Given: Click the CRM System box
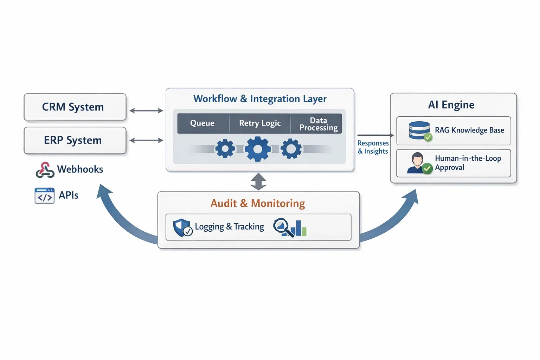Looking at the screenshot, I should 75,107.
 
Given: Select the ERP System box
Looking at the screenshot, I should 75,140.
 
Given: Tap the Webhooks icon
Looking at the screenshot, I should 45,170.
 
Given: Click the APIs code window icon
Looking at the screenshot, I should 44,196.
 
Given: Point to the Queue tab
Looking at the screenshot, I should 202,123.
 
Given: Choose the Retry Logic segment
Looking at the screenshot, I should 260,123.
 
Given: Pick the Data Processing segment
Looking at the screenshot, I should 318,124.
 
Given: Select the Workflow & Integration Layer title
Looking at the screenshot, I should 260,99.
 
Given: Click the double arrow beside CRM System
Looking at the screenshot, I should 146,111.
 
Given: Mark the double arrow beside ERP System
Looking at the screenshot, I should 146,141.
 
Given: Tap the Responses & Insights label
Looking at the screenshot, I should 373,147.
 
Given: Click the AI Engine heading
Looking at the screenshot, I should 451,105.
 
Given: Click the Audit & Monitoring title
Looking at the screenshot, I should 258,203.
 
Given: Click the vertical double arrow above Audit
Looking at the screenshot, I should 258,181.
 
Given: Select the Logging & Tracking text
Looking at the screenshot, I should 229,227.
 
